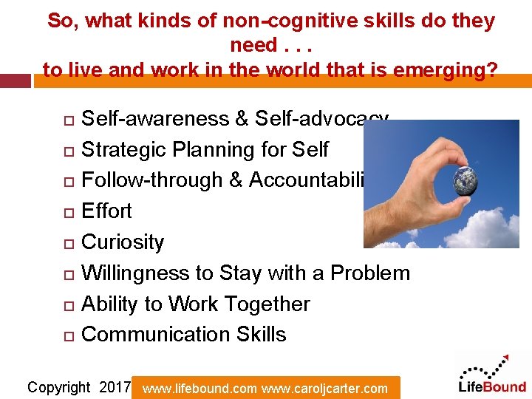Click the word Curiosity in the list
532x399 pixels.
123,242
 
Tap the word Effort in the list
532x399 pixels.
106,211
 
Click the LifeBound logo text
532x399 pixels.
492,386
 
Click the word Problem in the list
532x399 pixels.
369,273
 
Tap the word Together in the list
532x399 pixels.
266,304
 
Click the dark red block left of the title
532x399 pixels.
15,81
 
